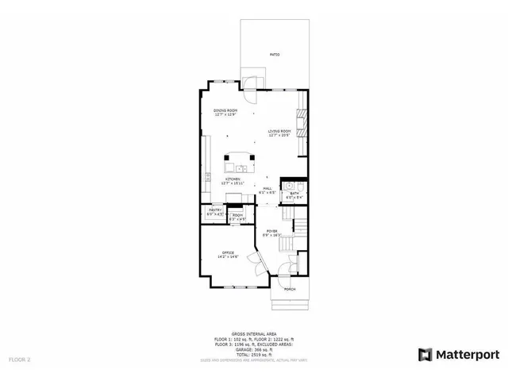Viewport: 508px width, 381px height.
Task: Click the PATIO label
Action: tap(274, 55)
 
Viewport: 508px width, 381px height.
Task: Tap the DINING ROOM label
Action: tap(225, 110)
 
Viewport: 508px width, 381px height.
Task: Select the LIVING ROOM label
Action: tap(279, 132)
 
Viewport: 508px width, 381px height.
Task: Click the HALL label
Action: tap(267, 190)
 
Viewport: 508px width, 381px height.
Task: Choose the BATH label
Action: tap(294, 194)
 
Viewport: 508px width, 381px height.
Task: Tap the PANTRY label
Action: tap(214, 210)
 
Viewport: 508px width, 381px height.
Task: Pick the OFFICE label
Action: tap(229, 253)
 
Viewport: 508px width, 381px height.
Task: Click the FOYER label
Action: tap(271, 232)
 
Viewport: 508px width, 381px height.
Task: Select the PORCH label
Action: tap(290, 289)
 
